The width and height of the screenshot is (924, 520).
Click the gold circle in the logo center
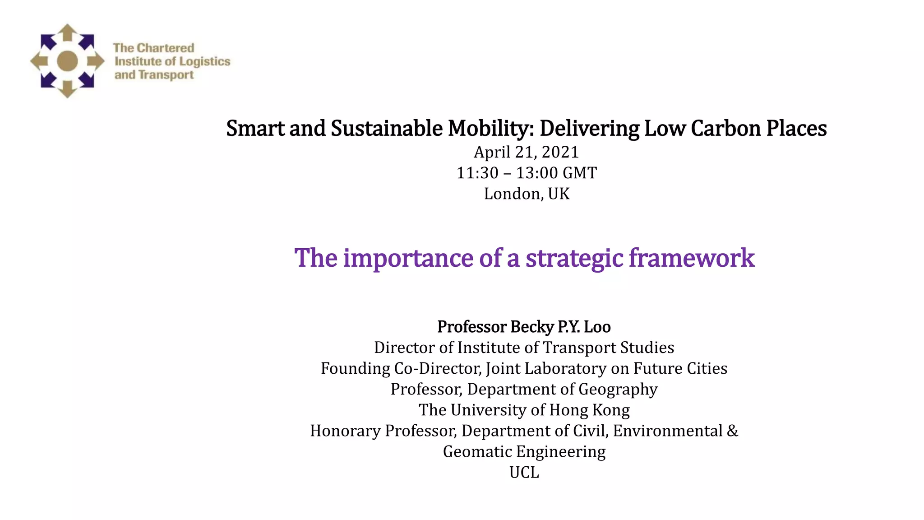coord(68,61)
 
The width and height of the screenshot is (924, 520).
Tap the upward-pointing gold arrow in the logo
coord(68,32)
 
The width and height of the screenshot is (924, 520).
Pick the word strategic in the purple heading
coord(574,258)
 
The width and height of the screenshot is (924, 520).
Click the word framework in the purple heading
coord(691,258)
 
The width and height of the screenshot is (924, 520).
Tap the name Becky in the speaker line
coord(532,327)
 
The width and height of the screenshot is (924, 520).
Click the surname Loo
coord(597,327)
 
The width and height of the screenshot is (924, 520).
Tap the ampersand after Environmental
coord(733,431)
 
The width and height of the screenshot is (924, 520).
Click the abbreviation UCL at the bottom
coord(524,472)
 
